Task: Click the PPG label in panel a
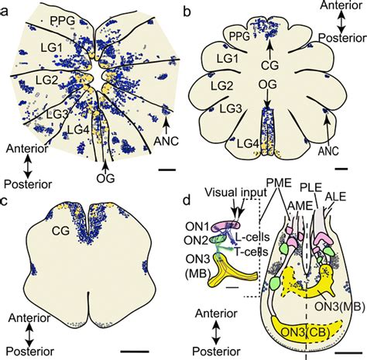[63, 21]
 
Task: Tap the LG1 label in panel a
[51, 48]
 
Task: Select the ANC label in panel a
[166, 141]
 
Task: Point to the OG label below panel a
[105, 178]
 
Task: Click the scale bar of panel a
[167, 170]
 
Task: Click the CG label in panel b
[269, 65]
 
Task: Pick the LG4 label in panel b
[248, 143]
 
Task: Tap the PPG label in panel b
[240, 36]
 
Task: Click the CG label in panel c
[60, 231]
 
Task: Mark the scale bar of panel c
[135, 351]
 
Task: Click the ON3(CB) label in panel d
[305, 333]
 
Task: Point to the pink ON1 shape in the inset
[225, 226]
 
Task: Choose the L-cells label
[252, 237]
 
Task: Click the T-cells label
[251, 252]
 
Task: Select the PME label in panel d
[279, 183]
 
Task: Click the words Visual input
[236, 192]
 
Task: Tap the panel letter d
[187, 200]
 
